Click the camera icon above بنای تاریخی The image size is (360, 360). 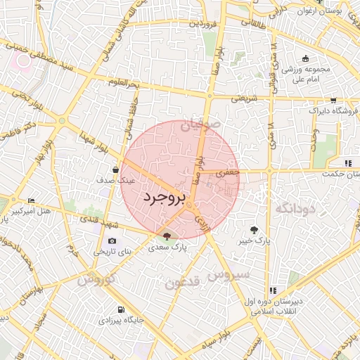pyautogui.click(x=112, y=240)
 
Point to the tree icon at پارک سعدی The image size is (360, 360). pyautogui.click(x=167, y=236)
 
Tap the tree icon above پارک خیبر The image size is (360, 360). pyautogui.click(x=254, y=229)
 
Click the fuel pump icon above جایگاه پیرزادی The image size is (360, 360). pyautogui.click(x=122, y=309)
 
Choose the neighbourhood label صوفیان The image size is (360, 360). pyautogui.click(x=202, y=124)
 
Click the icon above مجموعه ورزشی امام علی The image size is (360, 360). pyautogui.click(x=304, y=59)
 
